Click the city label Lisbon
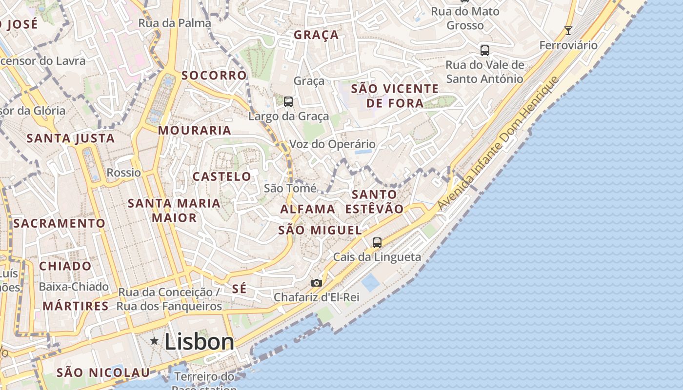pos(199,342)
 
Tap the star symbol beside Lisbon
pos(155,341)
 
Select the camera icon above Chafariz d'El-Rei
pos(317,283)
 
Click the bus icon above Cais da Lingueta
pos(377,242)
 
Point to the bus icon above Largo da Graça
pos(288,102)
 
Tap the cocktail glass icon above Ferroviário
pos(568,31)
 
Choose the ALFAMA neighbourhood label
pos(308,209)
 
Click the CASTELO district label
pos(222,176)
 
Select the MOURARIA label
pos(195,130)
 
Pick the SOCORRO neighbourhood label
pos(214,76)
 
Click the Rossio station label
pos(124,173)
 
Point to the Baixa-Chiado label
pos(74,287)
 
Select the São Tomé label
pos(290,188)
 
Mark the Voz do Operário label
pos(333,144)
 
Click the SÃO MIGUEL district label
pos(320,230)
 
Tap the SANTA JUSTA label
pos(71,138)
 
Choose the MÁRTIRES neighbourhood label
pos(76,306)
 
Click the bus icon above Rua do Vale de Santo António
pos(485,50)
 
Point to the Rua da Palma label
pos(175,23)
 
